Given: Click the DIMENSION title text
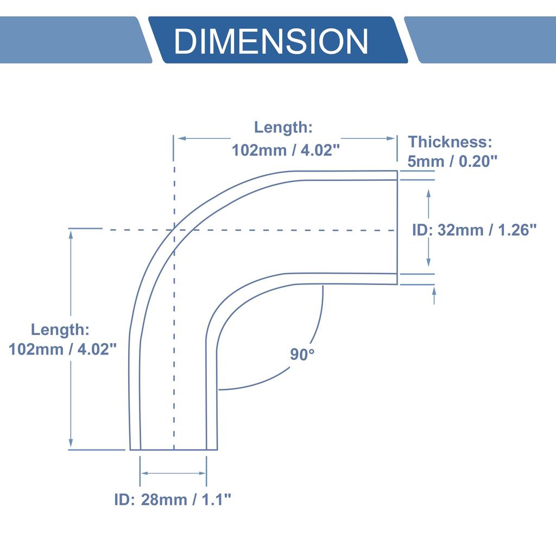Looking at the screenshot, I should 271,41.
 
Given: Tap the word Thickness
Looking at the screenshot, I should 450,142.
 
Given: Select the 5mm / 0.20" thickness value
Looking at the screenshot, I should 453,161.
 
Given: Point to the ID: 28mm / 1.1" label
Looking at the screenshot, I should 173,500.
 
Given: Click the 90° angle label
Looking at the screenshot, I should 302,355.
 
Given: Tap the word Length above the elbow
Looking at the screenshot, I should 283,128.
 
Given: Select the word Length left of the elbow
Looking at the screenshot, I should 60,330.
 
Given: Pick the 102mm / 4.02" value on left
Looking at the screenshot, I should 63,349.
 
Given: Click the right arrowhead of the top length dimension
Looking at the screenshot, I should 391,138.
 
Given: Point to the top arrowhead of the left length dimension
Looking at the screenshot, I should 71,233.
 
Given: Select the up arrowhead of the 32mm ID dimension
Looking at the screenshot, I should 429,193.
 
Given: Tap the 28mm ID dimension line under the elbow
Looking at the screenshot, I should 174,473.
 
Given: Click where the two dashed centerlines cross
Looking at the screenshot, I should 174,230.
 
